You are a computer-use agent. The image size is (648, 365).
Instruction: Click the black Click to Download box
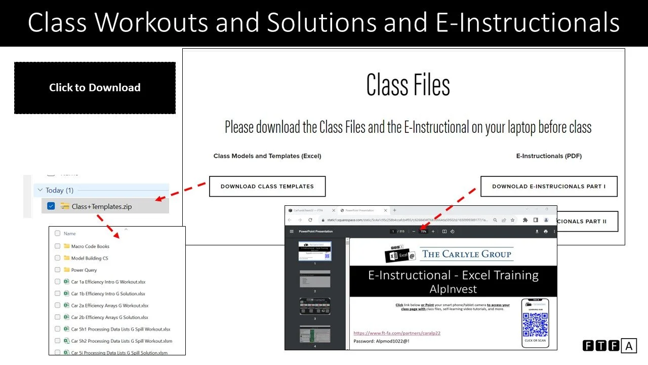click(x=95, y=88)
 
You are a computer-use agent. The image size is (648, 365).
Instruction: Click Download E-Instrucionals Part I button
click(x=549, y=187)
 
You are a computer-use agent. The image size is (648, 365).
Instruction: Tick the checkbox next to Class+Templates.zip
click(x=51, y=206)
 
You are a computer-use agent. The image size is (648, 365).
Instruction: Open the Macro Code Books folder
click(x=90, y=246)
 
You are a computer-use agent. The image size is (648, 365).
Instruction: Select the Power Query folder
click(x=84, y=270)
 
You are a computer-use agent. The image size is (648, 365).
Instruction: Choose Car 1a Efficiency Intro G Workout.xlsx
click(x=108, y=282)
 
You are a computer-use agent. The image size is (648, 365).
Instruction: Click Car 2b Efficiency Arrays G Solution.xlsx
click(x=109, y=317)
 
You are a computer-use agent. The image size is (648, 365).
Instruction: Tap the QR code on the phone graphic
click(x=535, y=324)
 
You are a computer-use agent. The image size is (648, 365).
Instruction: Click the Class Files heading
click(x=408, y=85)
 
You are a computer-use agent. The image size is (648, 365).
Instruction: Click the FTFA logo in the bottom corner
click(x=609, y=346)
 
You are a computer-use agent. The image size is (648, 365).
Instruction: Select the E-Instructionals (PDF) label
click(x=549, y=156)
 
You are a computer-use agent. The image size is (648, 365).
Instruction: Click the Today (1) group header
click(x=59, y=191)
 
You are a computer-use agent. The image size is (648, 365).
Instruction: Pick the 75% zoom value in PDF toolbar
click(x=423, y=231)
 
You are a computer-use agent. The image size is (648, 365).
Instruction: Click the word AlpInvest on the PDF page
click(x=453, y=289)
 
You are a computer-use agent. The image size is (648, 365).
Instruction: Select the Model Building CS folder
click(x=89, y=258)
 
